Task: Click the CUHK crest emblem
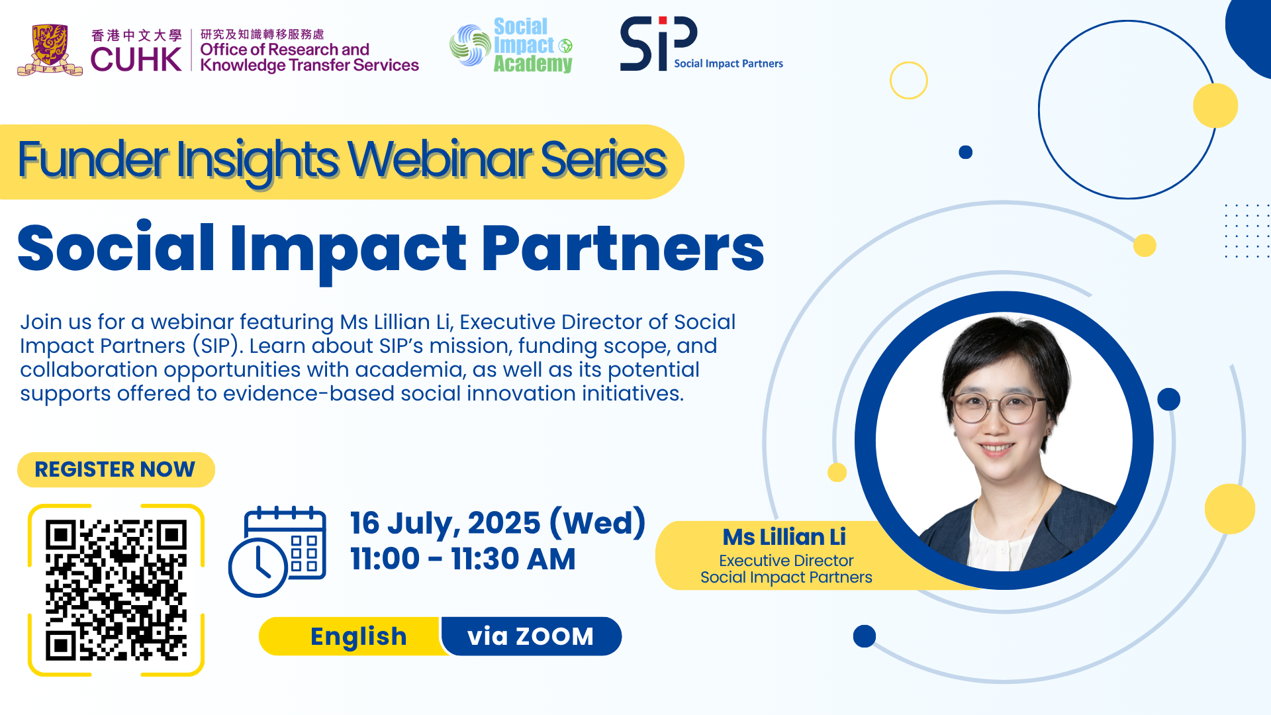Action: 50,50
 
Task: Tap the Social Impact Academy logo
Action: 511,45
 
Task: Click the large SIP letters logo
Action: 659,44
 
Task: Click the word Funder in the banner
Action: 93,160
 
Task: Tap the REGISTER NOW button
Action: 116,469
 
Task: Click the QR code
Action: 116,590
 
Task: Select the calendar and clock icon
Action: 277,551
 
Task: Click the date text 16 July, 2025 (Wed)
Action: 498,523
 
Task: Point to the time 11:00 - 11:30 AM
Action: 463,559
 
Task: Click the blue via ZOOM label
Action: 531,636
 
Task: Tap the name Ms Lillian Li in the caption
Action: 784,537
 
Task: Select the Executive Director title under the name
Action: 786,561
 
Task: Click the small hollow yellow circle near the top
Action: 909,81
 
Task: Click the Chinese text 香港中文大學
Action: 136,35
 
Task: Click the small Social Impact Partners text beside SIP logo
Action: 728,64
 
